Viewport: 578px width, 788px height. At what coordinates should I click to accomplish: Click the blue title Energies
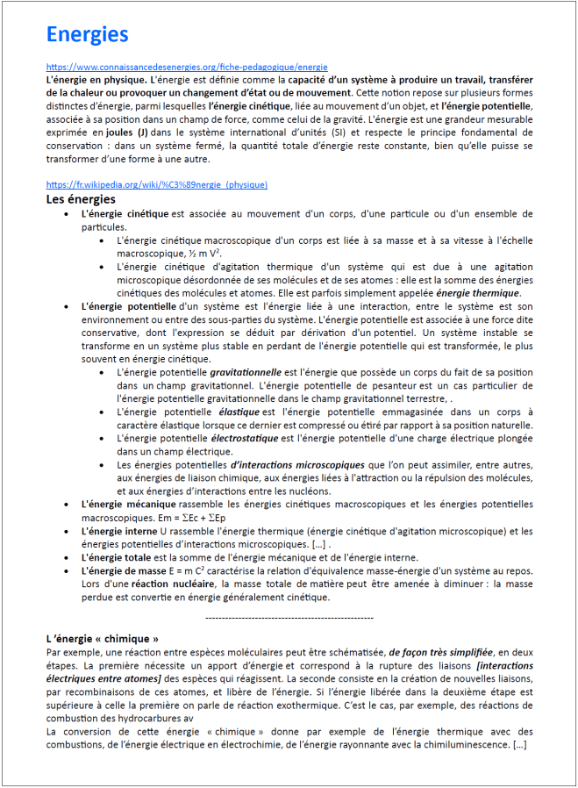pos(87,34)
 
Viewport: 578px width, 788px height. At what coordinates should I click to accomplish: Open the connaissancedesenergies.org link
pos(187,67)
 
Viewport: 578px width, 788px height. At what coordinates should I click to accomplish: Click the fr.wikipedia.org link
pos(157,185)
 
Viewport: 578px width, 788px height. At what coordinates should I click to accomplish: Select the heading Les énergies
pos(80,199)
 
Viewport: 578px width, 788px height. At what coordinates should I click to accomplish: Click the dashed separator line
pos(289,618)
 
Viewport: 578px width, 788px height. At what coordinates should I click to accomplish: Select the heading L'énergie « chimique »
pos(102,638)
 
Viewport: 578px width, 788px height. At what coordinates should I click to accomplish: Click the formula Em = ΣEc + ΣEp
pos(189,518)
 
